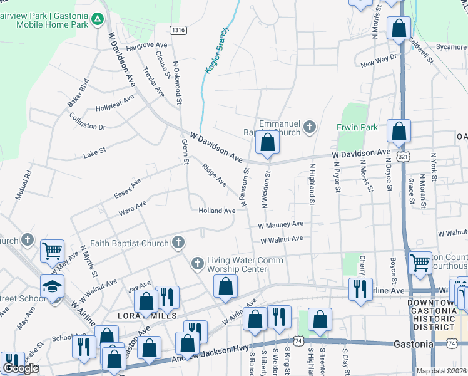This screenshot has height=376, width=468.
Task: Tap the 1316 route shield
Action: [x=178, y=29]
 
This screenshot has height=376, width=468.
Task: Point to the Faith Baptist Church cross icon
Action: [x=178, y=242]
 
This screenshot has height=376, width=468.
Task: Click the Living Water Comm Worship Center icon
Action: [x=198, y=263]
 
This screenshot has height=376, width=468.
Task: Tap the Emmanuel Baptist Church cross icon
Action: [x=308, y=128]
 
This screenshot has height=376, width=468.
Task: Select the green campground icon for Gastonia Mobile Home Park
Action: [x=98, y=19]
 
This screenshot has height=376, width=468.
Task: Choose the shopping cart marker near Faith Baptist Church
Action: [x=53, y=251]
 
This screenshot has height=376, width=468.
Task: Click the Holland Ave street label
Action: [x=216, y=211]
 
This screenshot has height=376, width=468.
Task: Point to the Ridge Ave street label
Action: [x=215, y=175]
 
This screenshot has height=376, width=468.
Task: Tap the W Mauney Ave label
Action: [x=280, y=224]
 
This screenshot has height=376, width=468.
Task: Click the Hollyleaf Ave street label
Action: [x=114, y=103]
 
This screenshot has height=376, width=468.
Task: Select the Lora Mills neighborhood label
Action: [x=150, y=315]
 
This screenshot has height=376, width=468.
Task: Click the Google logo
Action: [x=21, y=368]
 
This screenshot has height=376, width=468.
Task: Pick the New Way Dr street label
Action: [x=379, y=61]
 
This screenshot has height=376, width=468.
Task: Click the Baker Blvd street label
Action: [x=79, y=92]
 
